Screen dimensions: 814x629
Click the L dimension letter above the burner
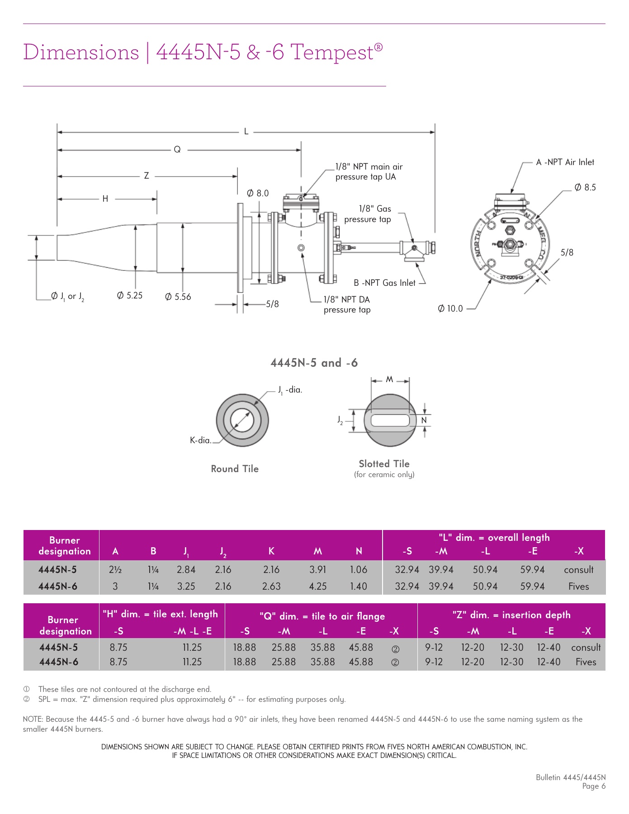pos(246,132)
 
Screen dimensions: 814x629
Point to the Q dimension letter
pos(177,149)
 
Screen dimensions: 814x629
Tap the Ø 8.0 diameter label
pos(258,193)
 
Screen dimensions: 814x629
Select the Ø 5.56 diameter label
pos(178,297)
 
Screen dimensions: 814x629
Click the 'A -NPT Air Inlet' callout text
pos(565,162)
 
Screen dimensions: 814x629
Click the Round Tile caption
pos(235,469)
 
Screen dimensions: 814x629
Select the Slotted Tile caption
pos(384,464)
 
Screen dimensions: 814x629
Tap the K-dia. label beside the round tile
pos(200,440)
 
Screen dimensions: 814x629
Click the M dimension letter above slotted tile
pos(389,379)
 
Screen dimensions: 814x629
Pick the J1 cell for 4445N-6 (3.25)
pos(186,586)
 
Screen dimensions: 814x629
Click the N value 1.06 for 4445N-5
pos(359,570)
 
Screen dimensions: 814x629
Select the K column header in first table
pos(271,551)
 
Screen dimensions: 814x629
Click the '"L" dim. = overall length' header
pos(494,537)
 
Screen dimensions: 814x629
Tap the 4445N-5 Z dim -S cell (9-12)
pos(434,647)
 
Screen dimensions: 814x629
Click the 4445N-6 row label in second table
pos(58,662)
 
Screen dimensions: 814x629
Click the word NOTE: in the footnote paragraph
pos(33,719)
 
